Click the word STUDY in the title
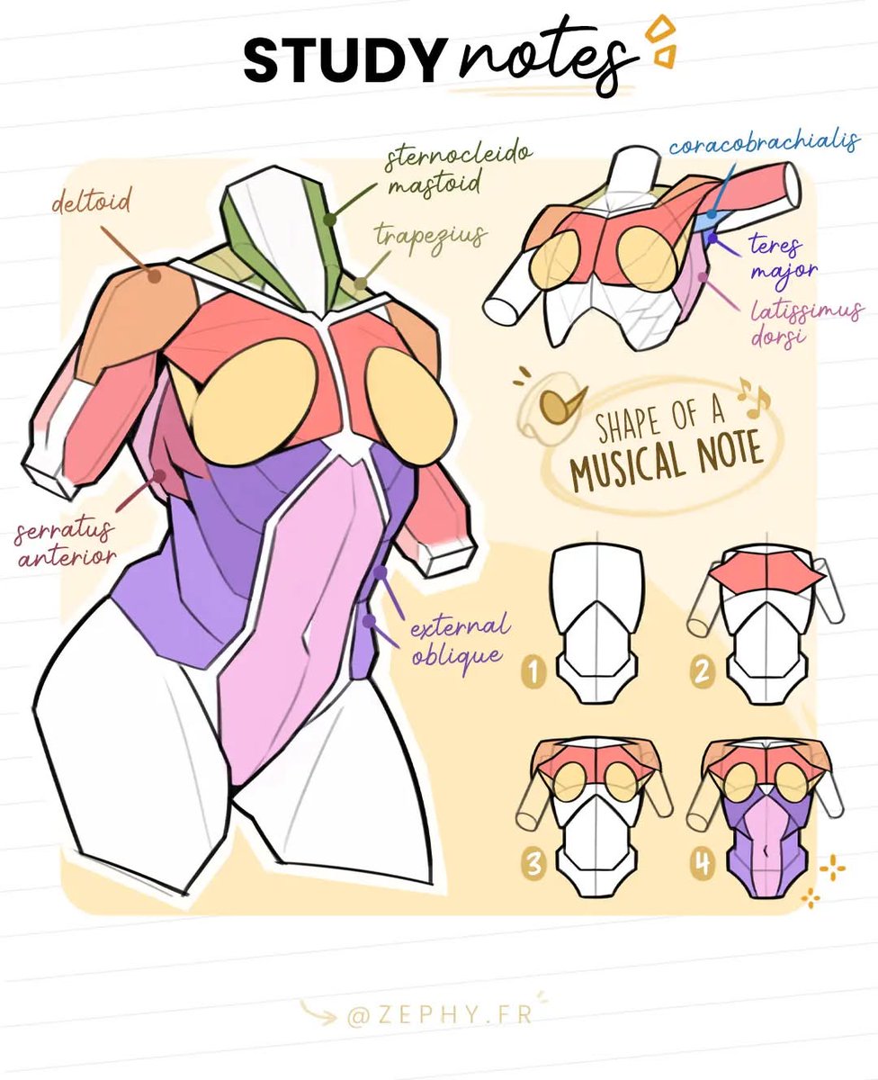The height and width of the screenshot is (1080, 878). click(x=343, y=61)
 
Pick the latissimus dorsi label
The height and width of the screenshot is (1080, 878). click(x=806, y=321)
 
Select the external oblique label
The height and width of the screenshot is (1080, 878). click(x=460, y=640)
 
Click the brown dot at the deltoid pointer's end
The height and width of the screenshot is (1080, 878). click(x=155, y=276)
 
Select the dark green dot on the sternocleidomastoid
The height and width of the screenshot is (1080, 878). click(x=331, y=219)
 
